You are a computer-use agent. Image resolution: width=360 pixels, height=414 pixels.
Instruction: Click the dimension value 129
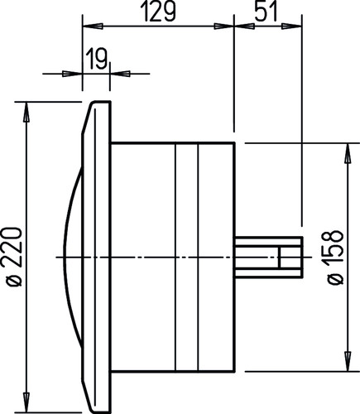158,12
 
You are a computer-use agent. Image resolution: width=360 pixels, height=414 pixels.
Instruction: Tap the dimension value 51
265,12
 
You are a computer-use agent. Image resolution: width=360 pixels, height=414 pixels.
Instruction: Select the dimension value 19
96,59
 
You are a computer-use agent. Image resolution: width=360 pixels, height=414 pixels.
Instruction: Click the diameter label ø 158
335,258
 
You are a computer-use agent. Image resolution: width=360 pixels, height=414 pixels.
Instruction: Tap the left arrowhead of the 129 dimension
93,26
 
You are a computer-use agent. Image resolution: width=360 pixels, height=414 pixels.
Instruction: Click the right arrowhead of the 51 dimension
291,26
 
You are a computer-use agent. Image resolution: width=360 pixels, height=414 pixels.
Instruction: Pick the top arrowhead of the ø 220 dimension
26,112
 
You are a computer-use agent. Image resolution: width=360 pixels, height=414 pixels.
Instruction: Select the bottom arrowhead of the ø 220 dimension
26,403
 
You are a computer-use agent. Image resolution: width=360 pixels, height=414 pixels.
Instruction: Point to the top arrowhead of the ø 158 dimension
348,153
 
